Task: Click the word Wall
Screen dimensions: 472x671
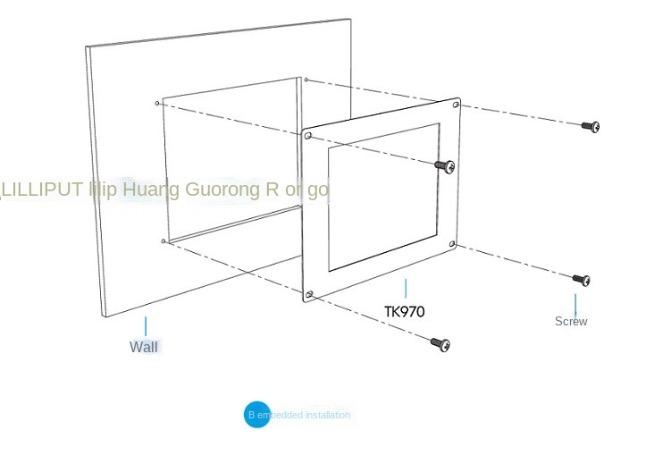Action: tap(144, 347)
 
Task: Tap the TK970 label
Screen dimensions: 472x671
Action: tap(405, 312)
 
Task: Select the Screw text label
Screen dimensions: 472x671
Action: tap(571, 321)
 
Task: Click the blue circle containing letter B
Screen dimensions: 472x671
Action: tap(256, 415)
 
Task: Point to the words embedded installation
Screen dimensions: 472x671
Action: tap(309, 415)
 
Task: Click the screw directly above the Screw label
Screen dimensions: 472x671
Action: tap(582, 280)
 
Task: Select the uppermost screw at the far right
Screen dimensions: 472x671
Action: tap(591, 126)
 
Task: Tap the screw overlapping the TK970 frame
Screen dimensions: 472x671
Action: tap(445, 165)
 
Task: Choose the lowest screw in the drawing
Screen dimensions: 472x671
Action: tap(440, 343)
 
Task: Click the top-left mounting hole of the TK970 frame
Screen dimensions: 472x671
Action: tap(308, 137)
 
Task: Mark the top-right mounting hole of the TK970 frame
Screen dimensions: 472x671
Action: tap(457, 105)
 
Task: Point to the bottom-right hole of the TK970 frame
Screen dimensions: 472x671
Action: tap(452, 244)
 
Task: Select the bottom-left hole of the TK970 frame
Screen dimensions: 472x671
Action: tap(309, 294)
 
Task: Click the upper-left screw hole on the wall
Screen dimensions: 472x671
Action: tap(158, 104)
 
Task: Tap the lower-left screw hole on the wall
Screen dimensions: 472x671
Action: tap(163, 240)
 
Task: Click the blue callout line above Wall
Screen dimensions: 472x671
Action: tap(146, 325)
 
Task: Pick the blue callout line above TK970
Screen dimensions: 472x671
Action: tap(406, 289)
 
